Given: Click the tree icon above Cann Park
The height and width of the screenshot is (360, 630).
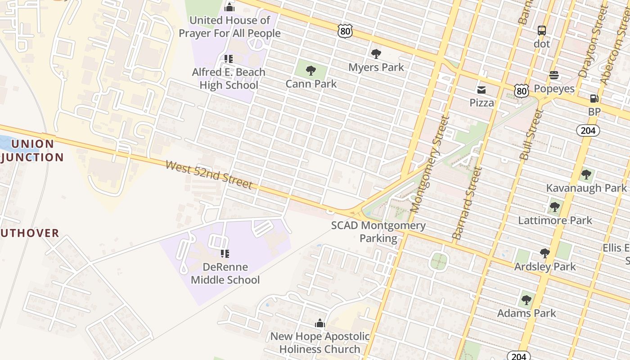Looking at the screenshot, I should tap(310, 70).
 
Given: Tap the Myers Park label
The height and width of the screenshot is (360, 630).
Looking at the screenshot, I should tap(376, 67).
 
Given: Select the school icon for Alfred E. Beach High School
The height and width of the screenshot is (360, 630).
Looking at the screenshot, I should tap(229, 59).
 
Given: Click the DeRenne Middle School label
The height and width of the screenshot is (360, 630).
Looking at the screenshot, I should tap(225, 274).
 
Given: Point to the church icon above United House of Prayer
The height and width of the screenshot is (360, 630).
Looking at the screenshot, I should tap(229, 7).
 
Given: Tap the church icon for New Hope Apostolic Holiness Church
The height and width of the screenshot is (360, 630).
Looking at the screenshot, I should tap(320, 323).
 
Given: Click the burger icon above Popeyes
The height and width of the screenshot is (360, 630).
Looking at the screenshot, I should tap(554, 75).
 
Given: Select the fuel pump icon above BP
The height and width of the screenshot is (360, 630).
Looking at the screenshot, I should tap(594, 99).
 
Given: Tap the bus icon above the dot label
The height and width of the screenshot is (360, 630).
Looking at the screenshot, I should tap(542, 31).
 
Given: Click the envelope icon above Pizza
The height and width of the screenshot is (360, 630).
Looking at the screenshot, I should tap(481, 90).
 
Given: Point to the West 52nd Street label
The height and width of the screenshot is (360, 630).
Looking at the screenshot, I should tap(209, 175).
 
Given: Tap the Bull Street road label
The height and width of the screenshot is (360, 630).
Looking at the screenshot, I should tap(531, 134).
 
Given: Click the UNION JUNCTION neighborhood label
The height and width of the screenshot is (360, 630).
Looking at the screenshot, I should tap(32, 151).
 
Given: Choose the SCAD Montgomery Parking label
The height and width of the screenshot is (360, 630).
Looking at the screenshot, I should tap(378, 232).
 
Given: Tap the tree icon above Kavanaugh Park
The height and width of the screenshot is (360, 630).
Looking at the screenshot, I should tap(586, 175).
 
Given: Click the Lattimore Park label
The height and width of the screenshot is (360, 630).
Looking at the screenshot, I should tap(555, 220).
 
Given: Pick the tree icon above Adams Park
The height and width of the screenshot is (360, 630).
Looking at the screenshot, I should tap(526, 300).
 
